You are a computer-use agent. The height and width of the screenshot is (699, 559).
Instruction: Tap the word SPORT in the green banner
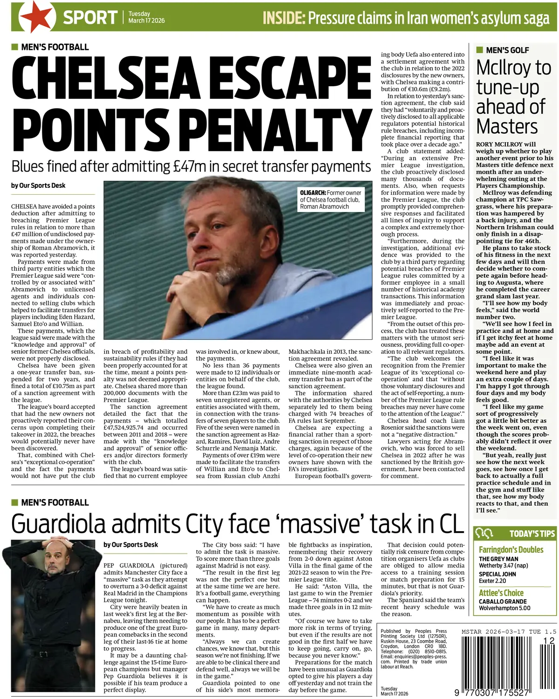[90, 18]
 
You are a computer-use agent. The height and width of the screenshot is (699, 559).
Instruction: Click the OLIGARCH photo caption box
[330, 199]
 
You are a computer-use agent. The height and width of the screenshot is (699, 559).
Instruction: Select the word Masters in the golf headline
[507, 127]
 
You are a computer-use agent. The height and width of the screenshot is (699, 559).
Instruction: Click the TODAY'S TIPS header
[532, 534]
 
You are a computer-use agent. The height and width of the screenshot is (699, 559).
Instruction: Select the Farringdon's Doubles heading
[511, 549]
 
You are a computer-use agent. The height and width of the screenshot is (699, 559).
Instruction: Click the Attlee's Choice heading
[501, 593]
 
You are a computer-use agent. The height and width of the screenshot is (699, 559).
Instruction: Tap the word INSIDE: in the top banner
[284, 18]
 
